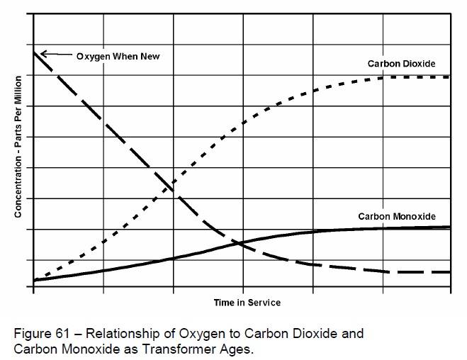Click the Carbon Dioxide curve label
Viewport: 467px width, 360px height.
[x=400, y=64]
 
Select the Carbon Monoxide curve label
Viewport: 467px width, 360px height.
[x=397, y=216]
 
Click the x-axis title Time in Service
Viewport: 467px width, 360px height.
[x=247, y=303]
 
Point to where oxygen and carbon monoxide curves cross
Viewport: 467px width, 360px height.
[x=240, y=243]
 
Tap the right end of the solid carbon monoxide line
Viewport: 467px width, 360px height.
[x=450, y=227]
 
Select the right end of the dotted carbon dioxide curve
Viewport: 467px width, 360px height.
[x=449, y=77]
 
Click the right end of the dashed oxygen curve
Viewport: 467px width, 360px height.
[x=449, y=272]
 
